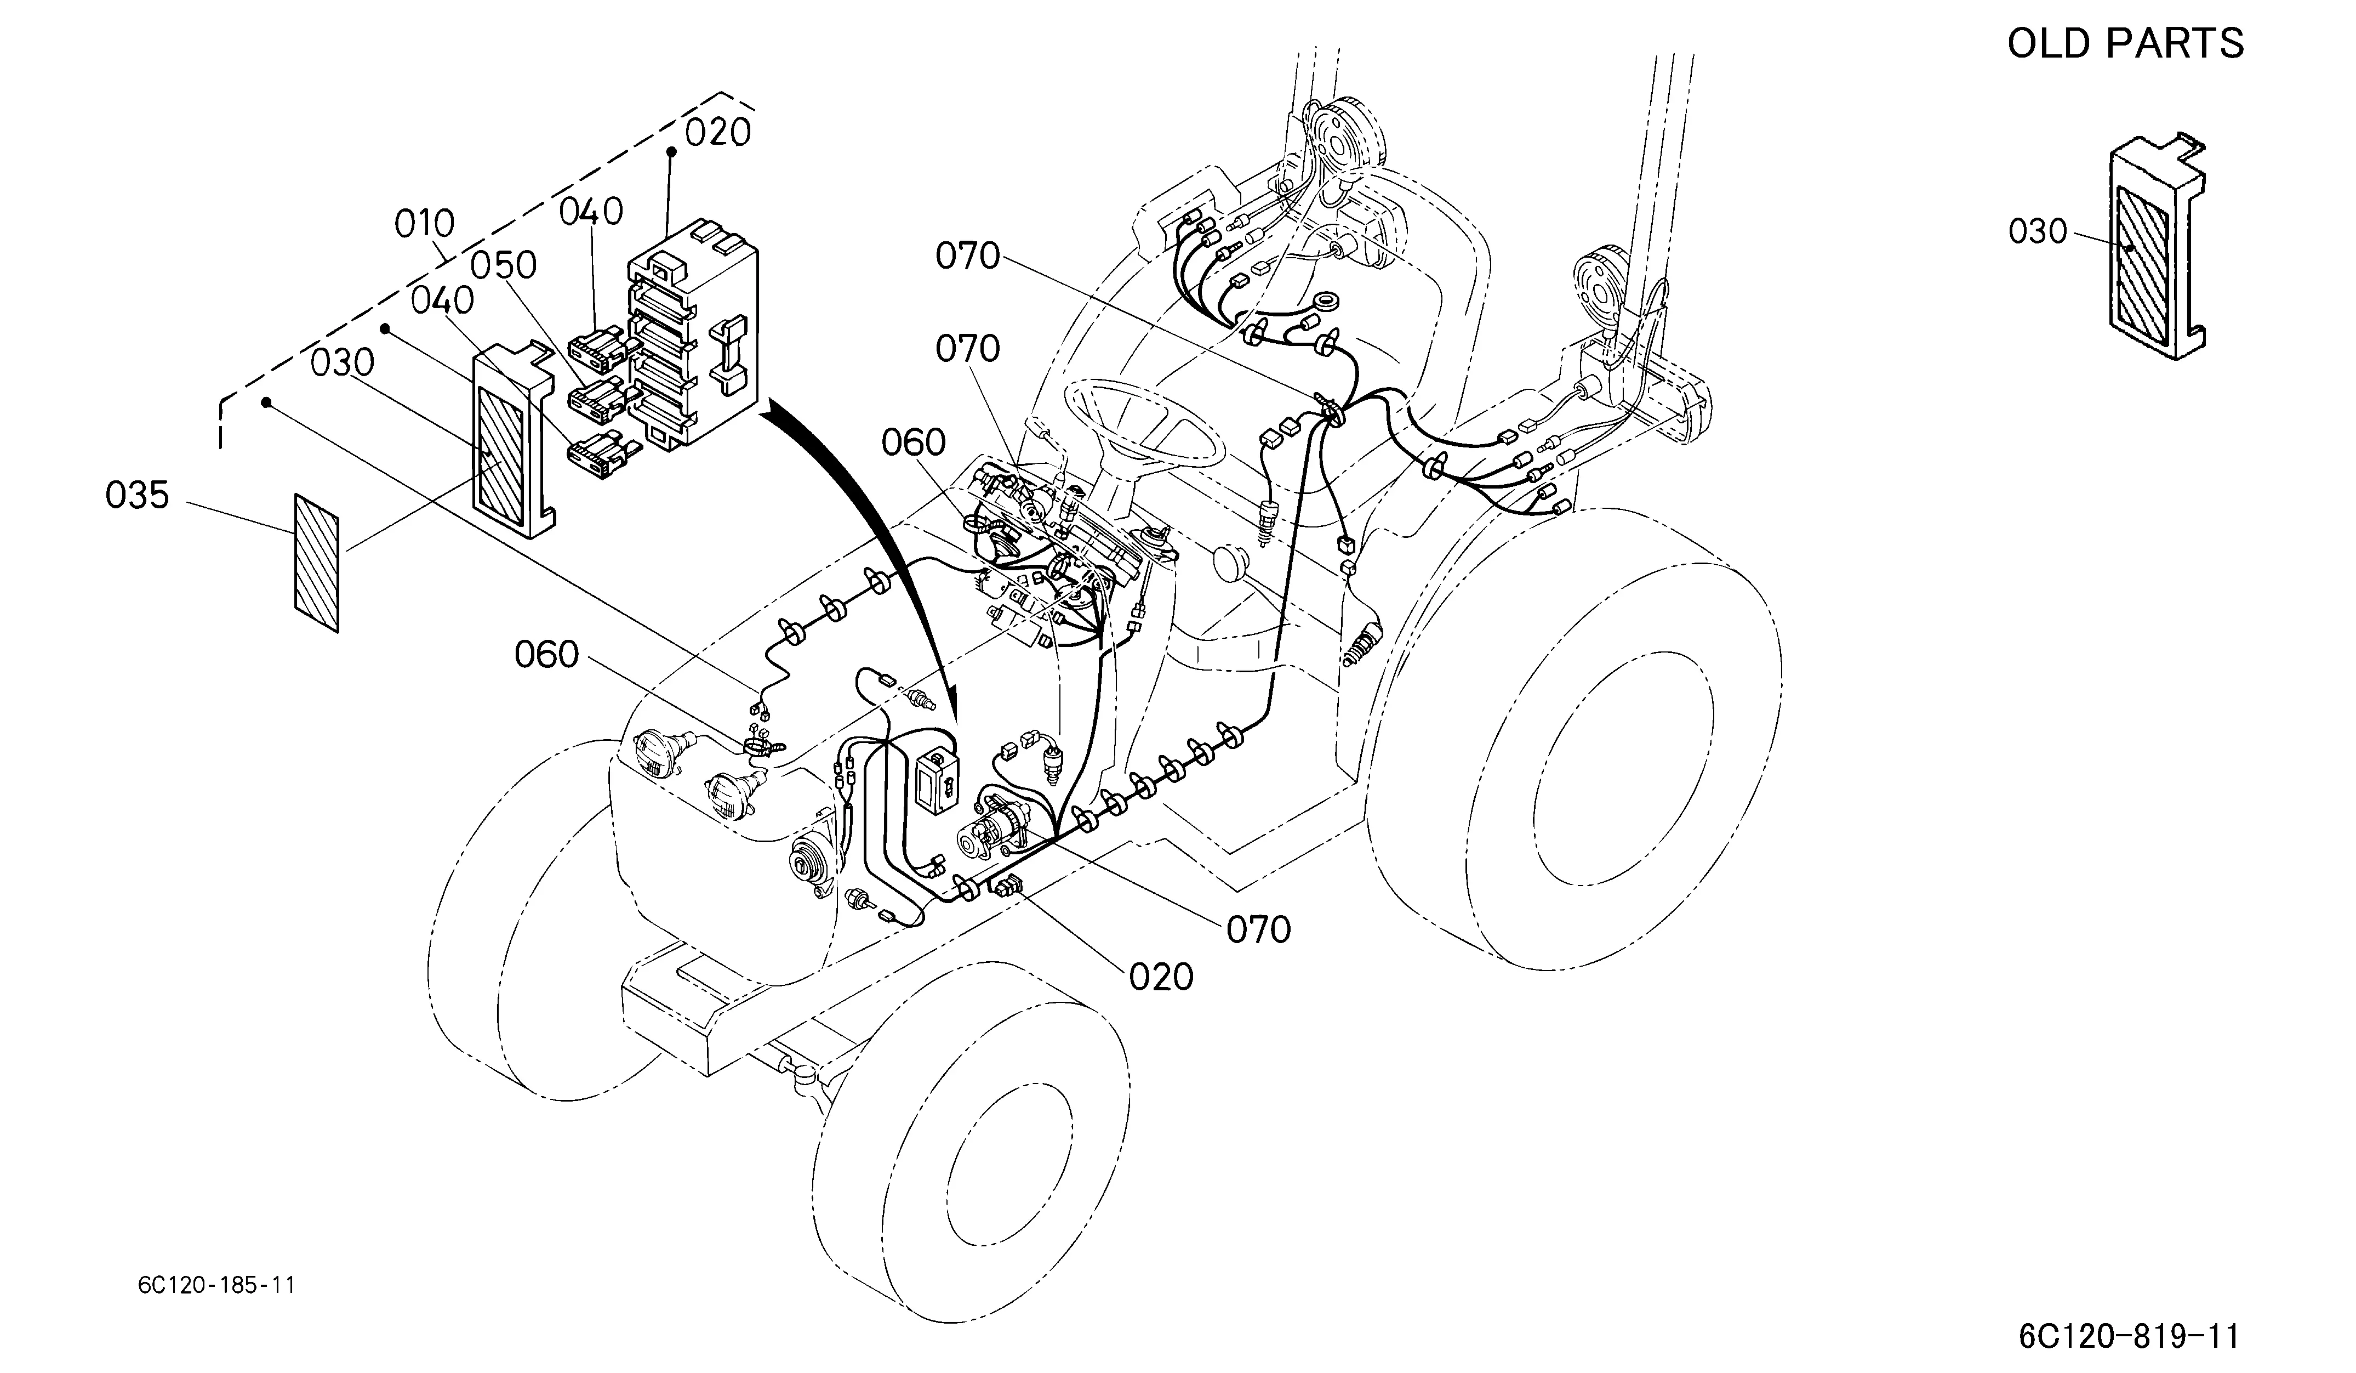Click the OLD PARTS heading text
tap(2125, 43)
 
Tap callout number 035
tap(138, 496)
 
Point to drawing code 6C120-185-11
tap(216, 1285)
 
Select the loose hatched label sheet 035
tap(317, 563)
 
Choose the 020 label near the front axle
tap(1161, 977)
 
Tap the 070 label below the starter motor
tap(1258, 929)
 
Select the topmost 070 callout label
tap(968, 256)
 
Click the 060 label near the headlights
tap(547, 655)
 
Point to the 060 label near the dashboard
tap(914, 442)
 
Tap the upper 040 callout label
tap(591, 212)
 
